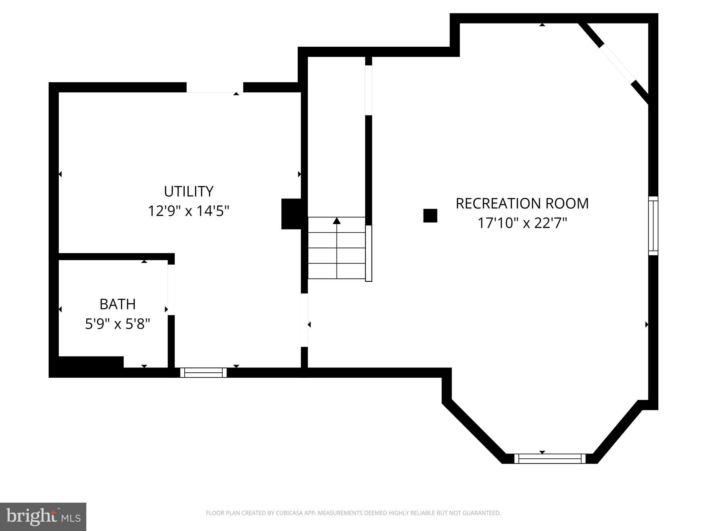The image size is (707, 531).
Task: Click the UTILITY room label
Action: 188,191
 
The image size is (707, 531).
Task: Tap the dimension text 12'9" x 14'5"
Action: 188,211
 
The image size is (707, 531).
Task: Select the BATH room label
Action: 117,304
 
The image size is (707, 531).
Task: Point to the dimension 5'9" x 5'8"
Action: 117,324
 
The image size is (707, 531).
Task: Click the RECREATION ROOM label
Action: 522,203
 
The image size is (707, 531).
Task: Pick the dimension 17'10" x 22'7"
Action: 522,223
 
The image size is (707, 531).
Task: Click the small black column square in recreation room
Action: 430,216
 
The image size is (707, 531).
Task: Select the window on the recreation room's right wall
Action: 653,226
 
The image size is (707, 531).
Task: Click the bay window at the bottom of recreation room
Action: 550,458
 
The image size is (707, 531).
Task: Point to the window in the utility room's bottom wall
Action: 203,372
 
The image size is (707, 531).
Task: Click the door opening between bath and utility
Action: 171,290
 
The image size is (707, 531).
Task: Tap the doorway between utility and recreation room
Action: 304,320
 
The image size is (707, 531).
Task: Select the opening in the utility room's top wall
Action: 215,87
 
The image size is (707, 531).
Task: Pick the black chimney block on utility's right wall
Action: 292,214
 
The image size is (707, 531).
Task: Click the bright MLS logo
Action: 43,516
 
